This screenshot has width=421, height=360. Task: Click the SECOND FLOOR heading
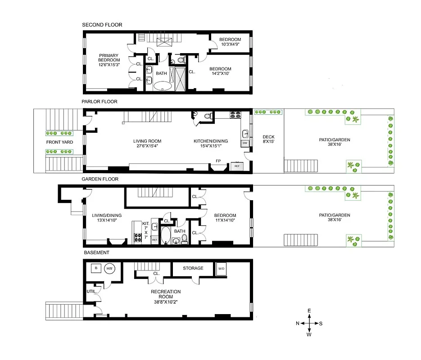[x=102, y=25]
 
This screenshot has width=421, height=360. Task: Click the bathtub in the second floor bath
[x=163, y=86]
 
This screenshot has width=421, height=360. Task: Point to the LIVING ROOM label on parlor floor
[x=147, y=141]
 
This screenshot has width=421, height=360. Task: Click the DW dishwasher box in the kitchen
[x=245, y=143]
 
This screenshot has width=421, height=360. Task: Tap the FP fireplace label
[x=218, y=161]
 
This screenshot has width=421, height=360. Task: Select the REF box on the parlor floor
[x=236, y=166]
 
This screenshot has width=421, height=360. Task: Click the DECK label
[x=268, y=137]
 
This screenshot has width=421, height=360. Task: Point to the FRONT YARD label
[x=59, y=142]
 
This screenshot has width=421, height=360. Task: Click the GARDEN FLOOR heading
[x=100, y=179]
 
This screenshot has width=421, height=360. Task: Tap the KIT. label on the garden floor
[x=145, y=223]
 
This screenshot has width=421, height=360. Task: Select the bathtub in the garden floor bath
[x=166, y=235]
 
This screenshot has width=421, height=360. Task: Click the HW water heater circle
[x=109, y=269]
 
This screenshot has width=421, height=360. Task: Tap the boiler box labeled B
[x=95, y=268]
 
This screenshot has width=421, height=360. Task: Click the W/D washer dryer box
[x=222, y=268]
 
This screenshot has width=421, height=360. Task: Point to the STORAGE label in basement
[x=193, y=268]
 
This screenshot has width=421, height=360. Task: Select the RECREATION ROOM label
[x=166, y=294]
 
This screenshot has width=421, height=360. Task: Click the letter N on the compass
[x=298, y=324]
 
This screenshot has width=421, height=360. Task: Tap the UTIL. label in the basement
[x=91, y=292]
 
